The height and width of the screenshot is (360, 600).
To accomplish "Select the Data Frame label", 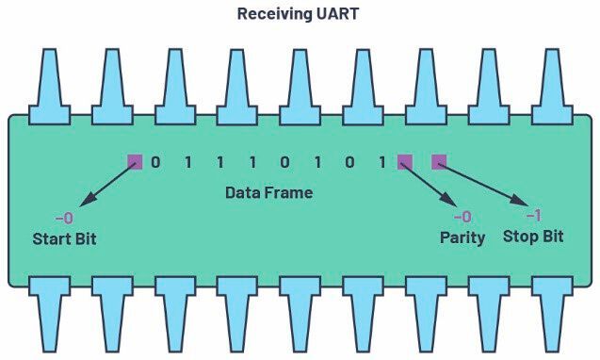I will (x=268, y=192).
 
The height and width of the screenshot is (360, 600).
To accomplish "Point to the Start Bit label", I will (x=64, y=238).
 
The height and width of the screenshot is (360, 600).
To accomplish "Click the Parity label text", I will (x=462, y=237).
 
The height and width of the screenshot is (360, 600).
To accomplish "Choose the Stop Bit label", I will (x=533, y=236).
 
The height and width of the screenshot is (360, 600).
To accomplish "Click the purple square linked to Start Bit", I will (x=135, y=162).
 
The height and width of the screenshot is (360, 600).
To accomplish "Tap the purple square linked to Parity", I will (x=405, y=162).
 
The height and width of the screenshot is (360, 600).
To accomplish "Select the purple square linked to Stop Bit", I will (x=438, y=162).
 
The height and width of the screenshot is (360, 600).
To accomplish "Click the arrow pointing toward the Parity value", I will (x=429, y=185).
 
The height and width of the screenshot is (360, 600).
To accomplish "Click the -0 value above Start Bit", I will (x=64, y=219).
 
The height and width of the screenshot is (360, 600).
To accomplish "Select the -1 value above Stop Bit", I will (x=532, y=216).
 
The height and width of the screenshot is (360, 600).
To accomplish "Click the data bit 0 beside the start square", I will (x=155, y=162).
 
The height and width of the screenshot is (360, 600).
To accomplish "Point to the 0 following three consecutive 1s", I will (x=284, y=162).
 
